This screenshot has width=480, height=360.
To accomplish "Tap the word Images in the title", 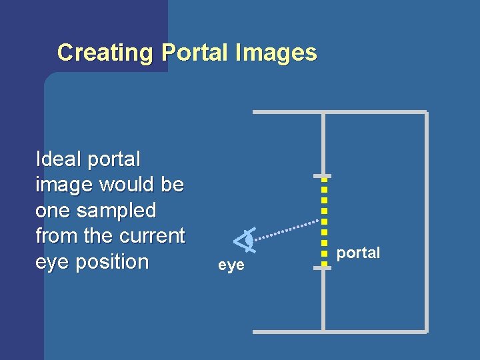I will pyautogui.click(x=276, y=52).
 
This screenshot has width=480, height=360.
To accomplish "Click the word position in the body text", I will pyautogui.click(x=112, y=262).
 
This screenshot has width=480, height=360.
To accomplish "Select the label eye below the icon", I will pyautogui.click(x=231, y=265).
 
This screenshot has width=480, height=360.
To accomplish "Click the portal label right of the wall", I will pyautogui.click(x=358, y=253).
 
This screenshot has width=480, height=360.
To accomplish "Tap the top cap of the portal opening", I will pyautogui.click(x=323, y=176).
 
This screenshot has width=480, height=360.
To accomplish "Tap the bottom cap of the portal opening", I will pyautogui.click(x=323, y=267).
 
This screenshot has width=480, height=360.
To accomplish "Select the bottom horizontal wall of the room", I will pyautogui.click(x=340, y=331).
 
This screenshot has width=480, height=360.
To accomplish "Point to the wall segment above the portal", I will pyautogui.click(x=323, y=143).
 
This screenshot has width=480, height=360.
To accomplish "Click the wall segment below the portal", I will pyautogui.click(x=323, y=300).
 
